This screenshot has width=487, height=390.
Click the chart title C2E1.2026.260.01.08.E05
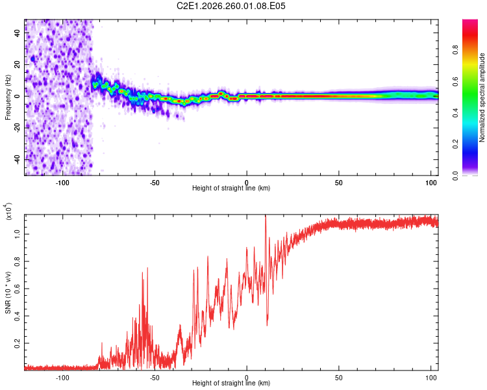pyautogui.click(x=231, y=6)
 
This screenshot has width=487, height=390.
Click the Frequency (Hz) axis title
pyautogui.click(x=8, y=97)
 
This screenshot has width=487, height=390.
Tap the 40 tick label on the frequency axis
pyautogui.click(x=18, y=33)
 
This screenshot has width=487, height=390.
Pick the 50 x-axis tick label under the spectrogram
pyautogui.click(x=338, y=183)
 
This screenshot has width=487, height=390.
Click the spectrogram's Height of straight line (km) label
pyautogui.click(x=231, y=188)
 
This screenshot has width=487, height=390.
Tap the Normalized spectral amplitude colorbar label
pyautogui.click(x=482, y=97)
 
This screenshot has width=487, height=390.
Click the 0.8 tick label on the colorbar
pyautogui.click(x=455, y=50)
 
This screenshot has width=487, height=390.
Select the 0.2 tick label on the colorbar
pyautogui.click(x=455, y=144)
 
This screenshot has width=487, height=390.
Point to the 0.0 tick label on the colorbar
pyautogui.click(x=455, y=175)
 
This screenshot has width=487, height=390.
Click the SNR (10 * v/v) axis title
pyautogui.click(x=8, y=292)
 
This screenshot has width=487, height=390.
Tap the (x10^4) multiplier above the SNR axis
pyautogui.click(x=8, y=211)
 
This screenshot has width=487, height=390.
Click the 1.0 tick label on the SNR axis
pyautogui.click(x=18, y=234)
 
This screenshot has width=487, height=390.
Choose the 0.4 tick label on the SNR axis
pyautogui.click(x=18, y=316)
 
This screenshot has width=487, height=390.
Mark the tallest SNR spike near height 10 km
pyautogui.click(x=266, y=216)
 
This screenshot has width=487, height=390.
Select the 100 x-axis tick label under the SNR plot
pyautogui.click(x=431, y=378)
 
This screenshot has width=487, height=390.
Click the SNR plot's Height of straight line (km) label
pyautogui.click(x=231, y=383)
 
